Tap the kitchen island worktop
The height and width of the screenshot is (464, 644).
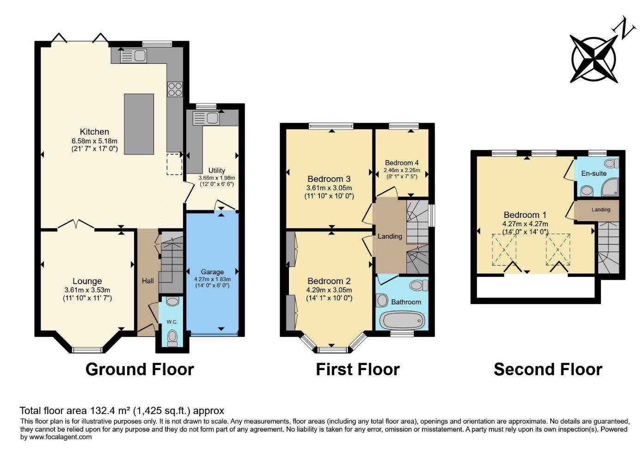point(139,124)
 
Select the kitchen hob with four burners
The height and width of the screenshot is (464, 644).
point(175,89)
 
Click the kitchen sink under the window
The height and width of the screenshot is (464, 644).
point(133,56)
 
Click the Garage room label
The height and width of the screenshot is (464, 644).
point(212,272)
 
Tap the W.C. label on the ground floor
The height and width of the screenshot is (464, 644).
point(172,322)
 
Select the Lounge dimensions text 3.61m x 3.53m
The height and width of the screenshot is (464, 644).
point(87,290)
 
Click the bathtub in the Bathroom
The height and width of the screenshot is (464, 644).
point(402,320)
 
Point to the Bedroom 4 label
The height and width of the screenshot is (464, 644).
point(402,163)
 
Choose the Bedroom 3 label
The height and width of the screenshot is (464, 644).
point(329,179)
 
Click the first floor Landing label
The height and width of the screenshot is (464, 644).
point(390,236)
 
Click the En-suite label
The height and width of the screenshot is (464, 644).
point(594,173)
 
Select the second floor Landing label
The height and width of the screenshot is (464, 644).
point(601,210)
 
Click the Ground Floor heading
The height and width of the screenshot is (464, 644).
point(140,369)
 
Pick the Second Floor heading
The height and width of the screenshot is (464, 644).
point(548,369)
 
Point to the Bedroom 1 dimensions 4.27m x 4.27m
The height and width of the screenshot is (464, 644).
point(525,224)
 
